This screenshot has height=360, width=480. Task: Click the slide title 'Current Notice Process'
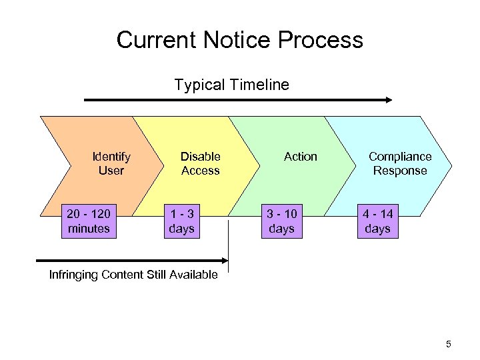tap(239, 40)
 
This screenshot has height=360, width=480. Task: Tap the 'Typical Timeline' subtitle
tap(231, 85)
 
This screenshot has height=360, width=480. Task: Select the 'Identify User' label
tap(111, 163)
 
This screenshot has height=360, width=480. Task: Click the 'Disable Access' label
tap(200, 163)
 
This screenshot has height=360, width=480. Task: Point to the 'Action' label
tap(300, 157)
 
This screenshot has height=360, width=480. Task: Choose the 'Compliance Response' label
tap(400, 163)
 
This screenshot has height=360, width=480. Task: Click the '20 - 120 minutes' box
tap(89, 221)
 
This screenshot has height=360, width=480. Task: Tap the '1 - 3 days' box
tap(181, 221)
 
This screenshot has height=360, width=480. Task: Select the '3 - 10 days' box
tap(281, 221)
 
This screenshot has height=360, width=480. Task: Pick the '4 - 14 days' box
tap(377, 221)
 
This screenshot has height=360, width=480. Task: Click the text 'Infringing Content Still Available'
tap(133, 275)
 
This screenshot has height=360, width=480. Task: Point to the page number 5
tap(448, 344)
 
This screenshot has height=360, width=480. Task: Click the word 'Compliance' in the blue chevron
tap(400, 157)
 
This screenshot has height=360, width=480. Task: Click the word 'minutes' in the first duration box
tap(89, 229)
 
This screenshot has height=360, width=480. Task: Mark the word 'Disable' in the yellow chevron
tap(200, 157)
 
